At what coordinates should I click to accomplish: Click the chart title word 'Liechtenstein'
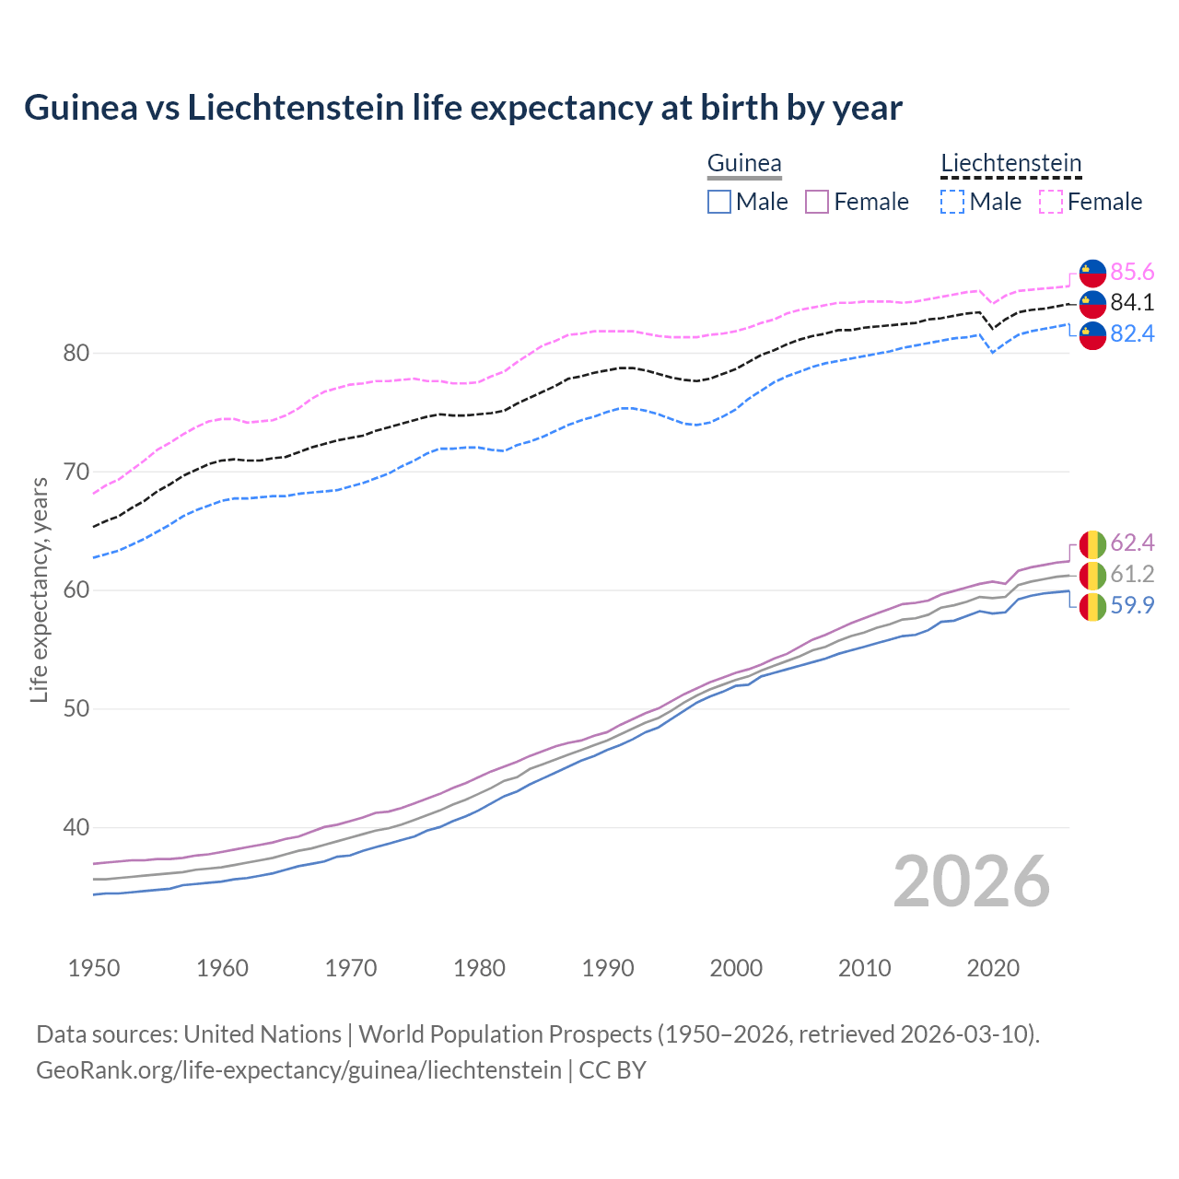point(296,108)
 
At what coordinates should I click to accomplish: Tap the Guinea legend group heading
point(744,163)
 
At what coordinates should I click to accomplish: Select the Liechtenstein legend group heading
point(1010,163)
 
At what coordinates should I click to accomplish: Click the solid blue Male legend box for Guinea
point(719,202)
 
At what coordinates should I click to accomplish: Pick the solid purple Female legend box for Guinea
point(817,202)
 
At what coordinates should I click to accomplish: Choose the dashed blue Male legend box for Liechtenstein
point(952,202)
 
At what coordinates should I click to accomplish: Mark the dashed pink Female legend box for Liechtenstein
point(1051,202)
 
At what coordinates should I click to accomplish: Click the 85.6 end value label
point(1132,272)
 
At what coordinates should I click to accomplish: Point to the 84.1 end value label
point(1132,302)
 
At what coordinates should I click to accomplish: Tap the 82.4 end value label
point(1132,333)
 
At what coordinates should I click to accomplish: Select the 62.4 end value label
point(1132,543)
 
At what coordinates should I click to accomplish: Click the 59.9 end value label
point(1132,605)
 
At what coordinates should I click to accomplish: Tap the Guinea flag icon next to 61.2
point(1092,575)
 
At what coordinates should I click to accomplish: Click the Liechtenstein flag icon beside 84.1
point(1092,303)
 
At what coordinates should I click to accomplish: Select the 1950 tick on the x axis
point(94,968)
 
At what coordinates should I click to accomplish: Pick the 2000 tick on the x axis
point(736,968)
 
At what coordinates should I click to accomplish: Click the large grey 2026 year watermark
point(971,881)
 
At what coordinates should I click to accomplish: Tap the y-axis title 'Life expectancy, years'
point(39,589)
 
